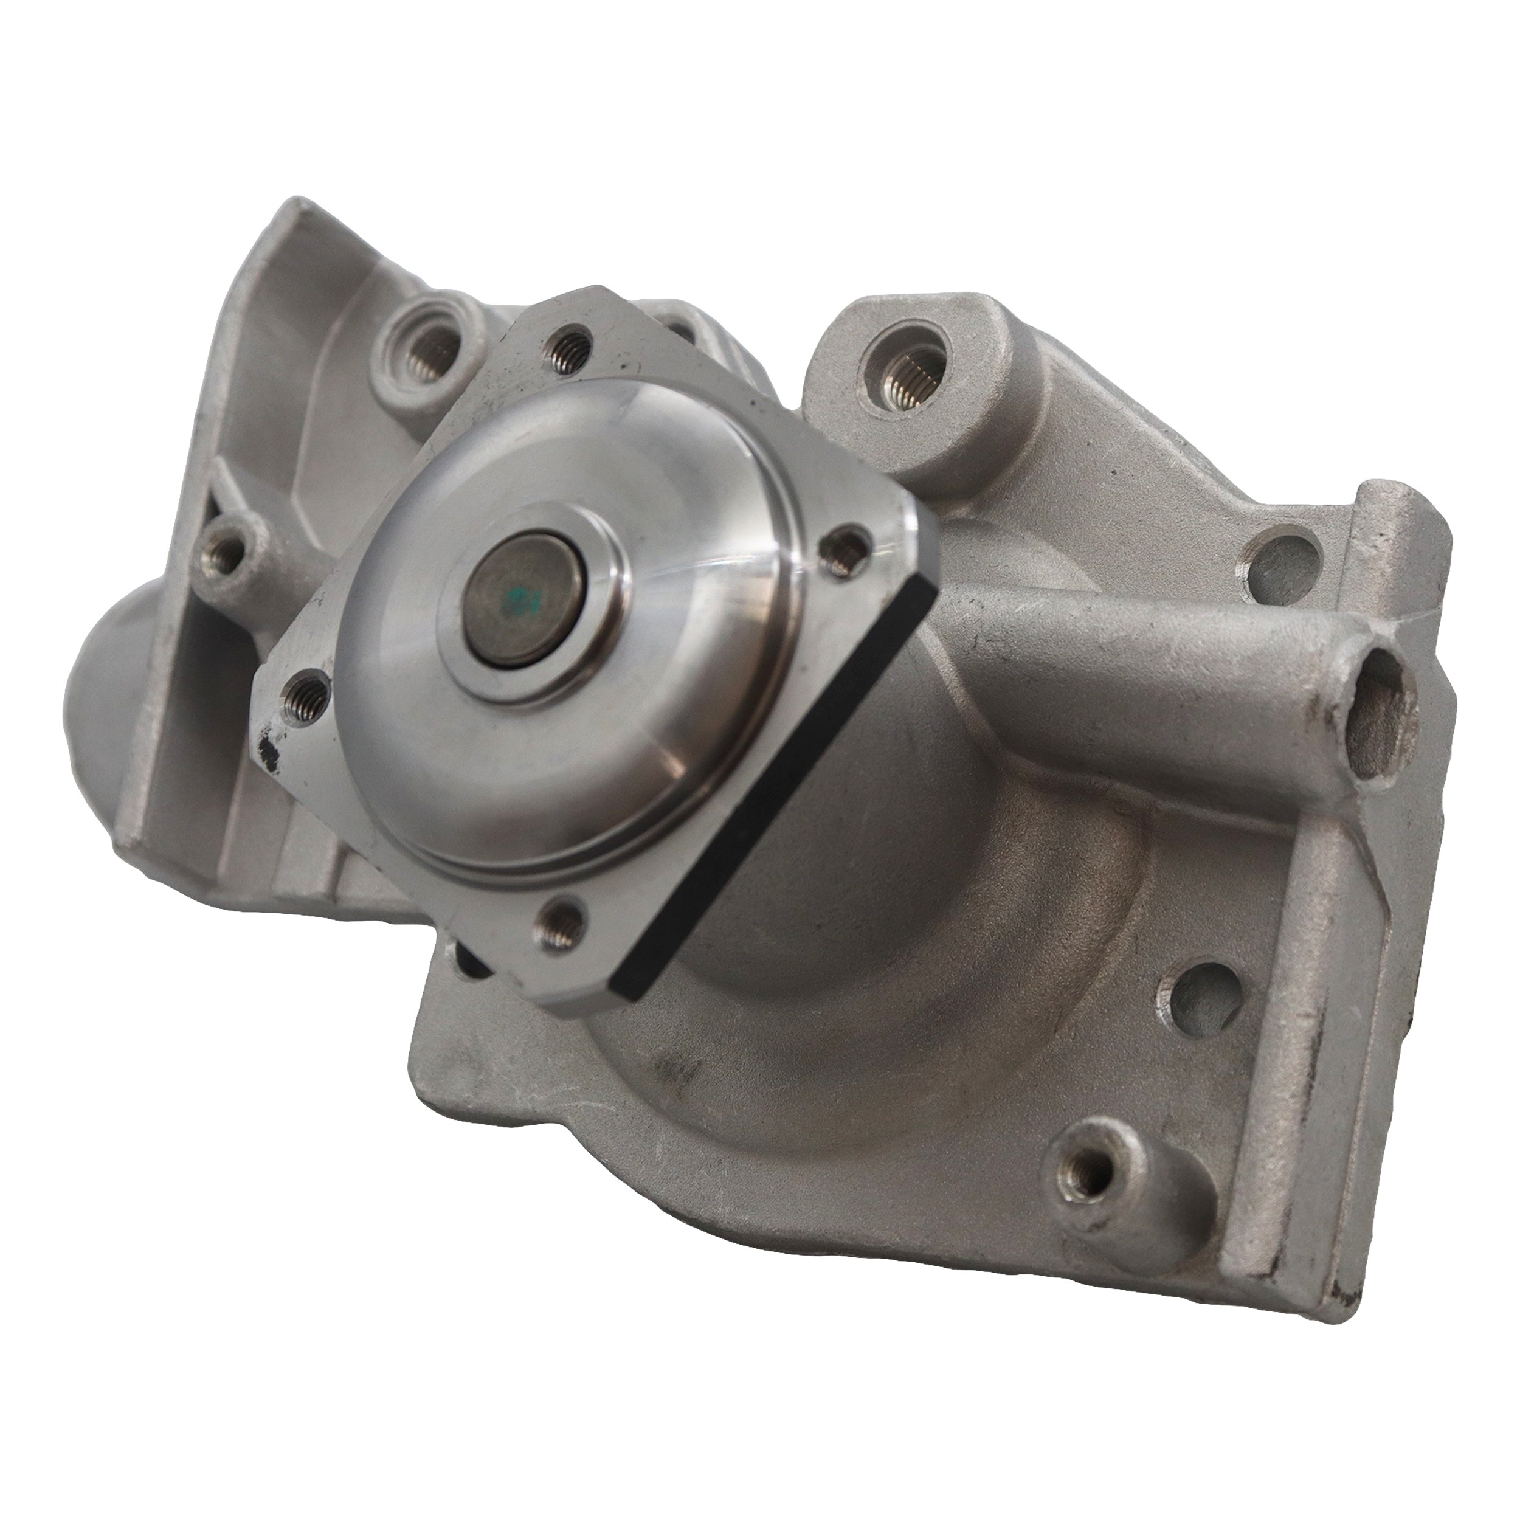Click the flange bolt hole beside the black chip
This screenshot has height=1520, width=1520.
[305, 693]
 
